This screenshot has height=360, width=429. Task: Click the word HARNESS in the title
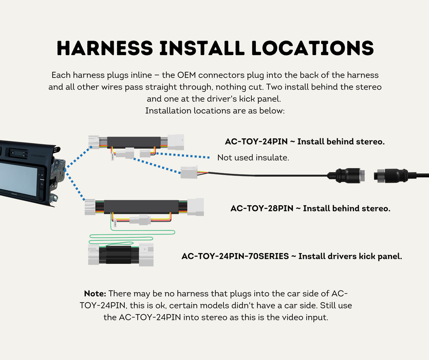[105, 48]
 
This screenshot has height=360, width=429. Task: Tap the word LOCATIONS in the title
[312, 48]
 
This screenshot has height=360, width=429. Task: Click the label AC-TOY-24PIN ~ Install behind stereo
[305, 141]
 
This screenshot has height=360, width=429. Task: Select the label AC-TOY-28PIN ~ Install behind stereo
[310, 208]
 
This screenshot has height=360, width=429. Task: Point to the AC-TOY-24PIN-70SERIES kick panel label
[292, 256]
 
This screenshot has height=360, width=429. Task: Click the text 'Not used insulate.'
[253, 157]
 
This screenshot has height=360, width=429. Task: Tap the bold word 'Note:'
[95, 294]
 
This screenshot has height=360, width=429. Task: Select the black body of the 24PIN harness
[134, 142]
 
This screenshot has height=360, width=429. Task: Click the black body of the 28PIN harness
[141, 206]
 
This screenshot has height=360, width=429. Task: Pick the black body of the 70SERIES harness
[119, 255]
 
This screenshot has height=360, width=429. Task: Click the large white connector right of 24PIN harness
[176, 142]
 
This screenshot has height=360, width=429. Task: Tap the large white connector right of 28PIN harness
[196, 207]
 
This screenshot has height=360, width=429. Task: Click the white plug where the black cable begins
[189, 172]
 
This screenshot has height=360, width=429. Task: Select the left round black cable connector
[346, 175]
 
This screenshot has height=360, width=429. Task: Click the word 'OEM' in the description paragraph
[187, 75]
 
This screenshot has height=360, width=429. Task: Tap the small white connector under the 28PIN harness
[140, 220]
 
